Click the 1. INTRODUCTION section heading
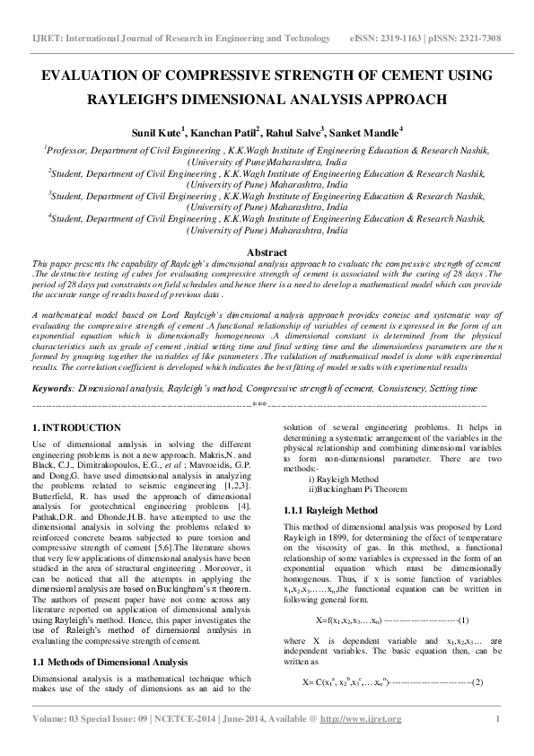click(x=76, y=427)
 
